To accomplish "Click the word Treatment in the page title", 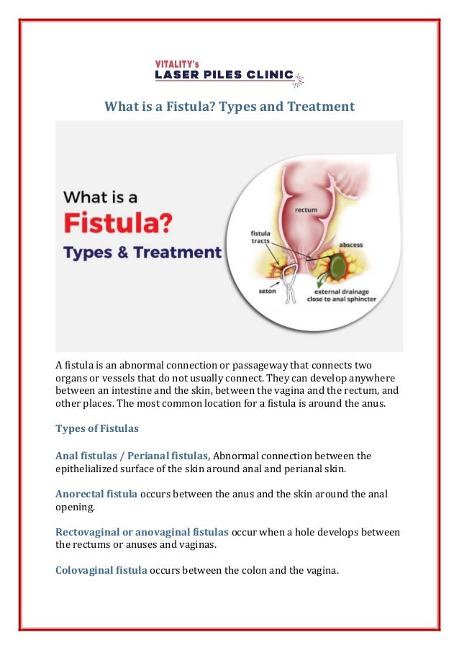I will pyautogui.click(x=320, y=107).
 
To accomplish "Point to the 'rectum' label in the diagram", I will pyautogui.click(x=306, y=210).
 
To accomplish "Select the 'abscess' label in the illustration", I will pyautogui.click(x=351, y=244).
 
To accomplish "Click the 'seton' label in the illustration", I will pyautogui.click(x=267, y=292).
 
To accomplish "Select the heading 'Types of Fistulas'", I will pyautogui.click(x=97, y=428).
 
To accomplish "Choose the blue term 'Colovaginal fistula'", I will pyautogui.click(x=101, y=571).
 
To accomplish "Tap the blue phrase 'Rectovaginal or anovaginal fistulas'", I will pyautogui.click(x=142, y=532).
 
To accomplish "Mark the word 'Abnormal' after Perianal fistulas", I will pyautogui.click(x=239, y=456).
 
